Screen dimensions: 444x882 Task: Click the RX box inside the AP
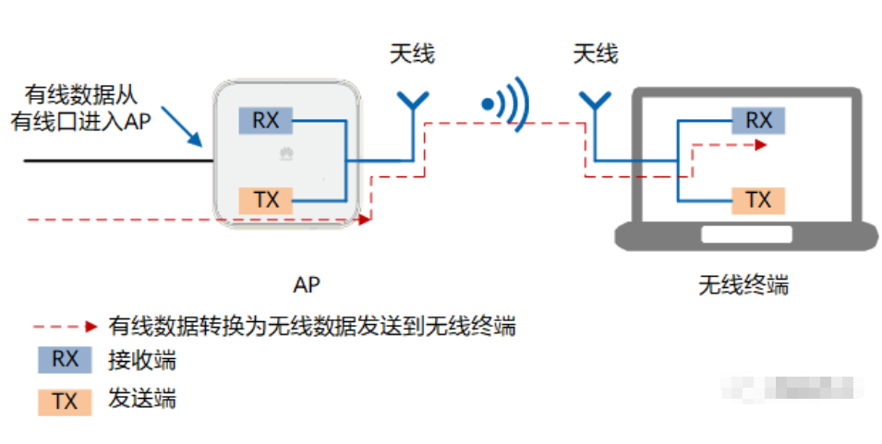265,120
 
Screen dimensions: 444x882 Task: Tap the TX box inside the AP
265,199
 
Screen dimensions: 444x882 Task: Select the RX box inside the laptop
758,120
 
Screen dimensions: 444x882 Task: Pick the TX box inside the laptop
758,199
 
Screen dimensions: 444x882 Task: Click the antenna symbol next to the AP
412,103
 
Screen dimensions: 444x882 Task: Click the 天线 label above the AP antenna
412,54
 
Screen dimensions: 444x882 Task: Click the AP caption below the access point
307,284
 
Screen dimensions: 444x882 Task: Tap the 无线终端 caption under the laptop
743,284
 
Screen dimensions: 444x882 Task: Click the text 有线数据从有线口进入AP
81,106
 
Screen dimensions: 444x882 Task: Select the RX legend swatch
65,360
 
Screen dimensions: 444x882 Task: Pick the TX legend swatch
65,401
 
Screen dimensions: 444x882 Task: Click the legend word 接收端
141,360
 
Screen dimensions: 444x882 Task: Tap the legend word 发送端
141,400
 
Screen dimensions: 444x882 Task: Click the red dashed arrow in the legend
65,326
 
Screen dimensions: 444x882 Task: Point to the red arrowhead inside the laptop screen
759,145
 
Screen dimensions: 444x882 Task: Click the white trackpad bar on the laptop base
746,235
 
